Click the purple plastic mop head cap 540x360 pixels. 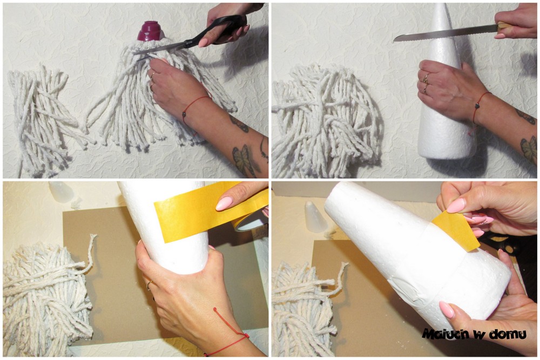pyautogui.click(x=150, y=31)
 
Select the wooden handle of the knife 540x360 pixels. pyautogui.click(x=505, y=26)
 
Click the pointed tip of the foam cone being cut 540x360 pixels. pyautogui.click(x=441, y=5)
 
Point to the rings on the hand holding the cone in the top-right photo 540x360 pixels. pyautogui.click(x=426, y=83)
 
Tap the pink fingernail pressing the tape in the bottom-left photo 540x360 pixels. pyautogui.click(x=224, y=203)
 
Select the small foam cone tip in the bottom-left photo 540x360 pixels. pyautogui.click(x=61, y=192)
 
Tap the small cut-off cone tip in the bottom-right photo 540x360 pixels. pyautogui.click(x=316, y=217)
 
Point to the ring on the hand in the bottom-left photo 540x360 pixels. pyautogui.click(x=150, y=286)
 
